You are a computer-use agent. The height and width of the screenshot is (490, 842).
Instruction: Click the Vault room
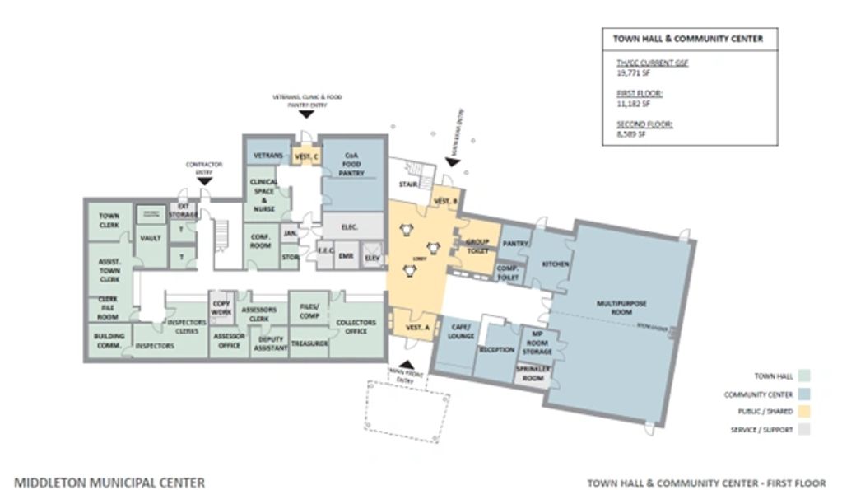point(151,238)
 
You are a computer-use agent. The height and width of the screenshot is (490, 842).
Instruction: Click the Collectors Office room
point(356,327)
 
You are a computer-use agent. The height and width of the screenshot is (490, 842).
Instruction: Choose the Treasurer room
point(309,343)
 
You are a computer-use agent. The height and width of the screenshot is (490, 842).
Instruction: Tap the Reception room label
point(497,350)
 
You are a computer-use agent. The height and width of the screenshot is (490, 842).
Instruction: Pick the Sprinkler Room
point(531,374)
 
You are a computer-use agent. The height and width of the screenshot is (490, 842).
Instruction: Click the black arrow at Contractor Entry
point(204,180)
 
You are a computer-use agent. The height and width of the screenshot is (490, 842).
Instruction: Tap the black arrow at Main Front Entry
point(406,364)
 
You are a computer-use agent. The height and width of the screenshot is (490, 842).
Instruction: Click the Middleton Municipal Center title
point(109,483)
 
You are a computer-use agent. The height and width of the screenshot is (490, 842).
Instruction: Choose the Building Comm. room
point(109,341)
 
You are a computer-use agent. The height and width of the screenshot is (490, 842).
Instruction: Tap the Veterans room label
point(268,156)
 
